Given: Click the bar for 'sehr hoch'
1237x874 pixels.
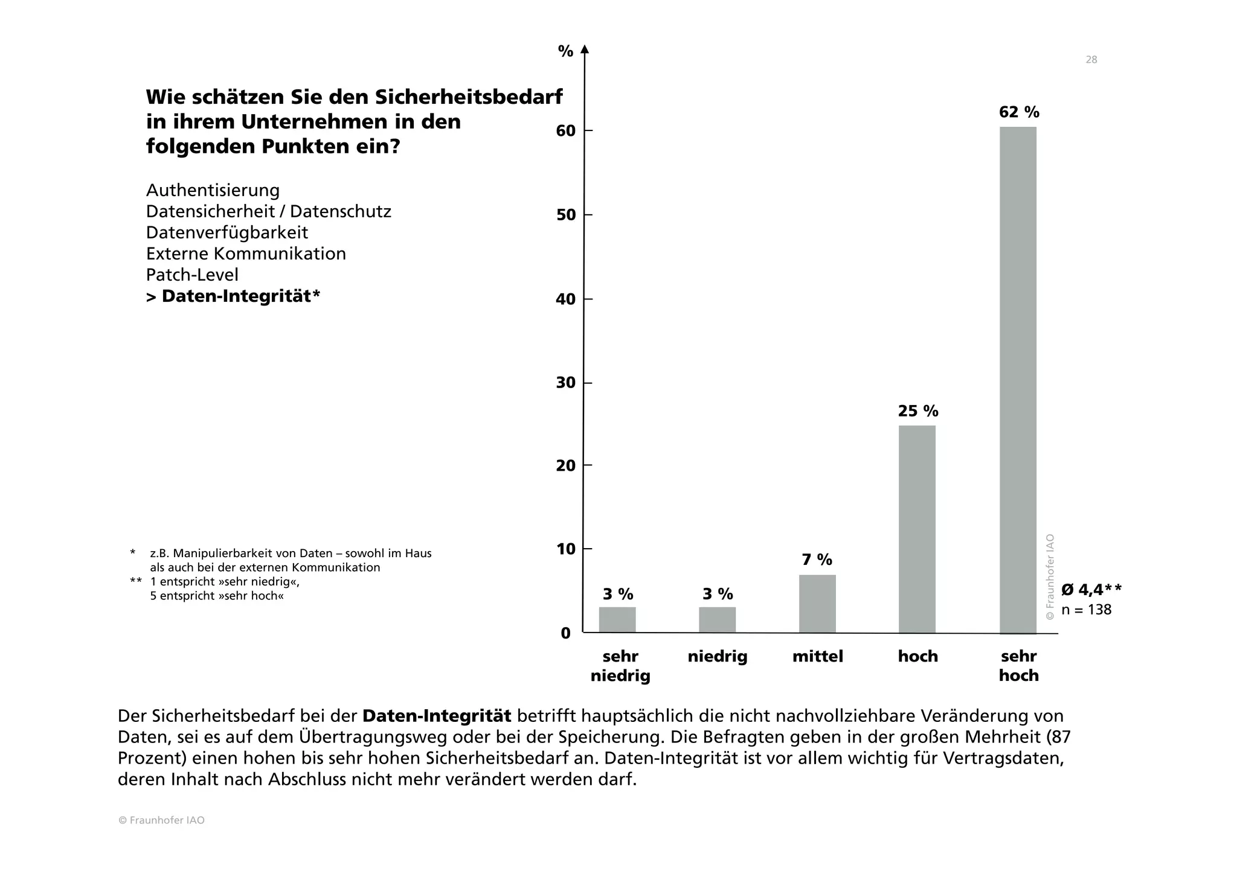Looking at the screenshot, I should click(x=1018, y=380).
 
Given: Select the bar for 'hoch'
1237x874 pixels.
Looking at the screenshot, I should click(x=917, y=529).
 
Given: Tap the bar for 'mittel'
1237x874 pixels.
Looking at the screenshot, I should click(x=817, y=604).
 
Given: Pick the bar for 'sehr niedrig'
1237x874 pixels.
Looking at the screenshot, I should click(x=617, y=620).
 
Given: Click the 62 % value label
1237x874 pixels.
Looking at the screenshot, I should click(x=1019, y=112).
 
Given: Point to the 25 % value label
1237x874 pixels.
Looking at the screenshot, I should click(x=918, y=412).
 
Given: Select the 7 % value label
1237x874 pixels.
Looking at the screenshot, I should click(x=817, y=560).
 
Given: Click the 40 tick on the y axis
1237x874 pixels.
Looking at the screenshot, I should click(x=566, y=299).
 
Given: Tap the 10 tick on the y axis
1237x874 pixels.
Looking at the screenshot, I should click(x=566, y=549).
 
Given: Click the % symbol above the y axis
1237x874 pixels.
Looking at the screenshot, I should click(x=565, y=52).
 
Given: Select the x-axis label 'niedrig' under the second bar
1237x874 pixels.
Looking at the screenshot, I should click(x=718, y=657).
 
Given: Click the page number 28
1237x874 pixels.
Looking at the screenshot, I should click(x=1091, y=60).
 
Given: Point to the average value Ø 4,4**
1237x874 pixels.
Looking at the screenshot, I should click(x=1091, y=590).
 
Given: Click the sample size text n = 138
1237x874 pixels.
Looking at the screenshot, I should click(x=1086, y=610).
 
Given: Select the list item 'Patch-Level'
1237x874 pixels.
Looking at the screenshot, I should click(x=192, y=275).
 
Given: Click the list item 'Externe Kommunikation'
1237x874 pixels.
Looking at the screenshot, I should click(x=246, y=254).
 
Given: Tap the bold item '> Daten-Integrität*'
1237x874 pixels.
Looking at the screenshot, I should click(x=233, y=296).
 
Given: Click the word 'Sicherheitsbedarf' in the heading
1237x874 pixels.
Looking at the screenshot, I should click(x=469, y=97).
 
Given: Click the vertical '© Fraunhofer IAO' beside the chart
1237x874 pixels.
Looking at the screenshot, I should click(x=1050, y=576).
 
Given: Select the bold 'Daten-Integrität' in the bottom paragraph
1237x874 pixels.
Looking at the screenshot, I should click(x=437, y=716).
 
